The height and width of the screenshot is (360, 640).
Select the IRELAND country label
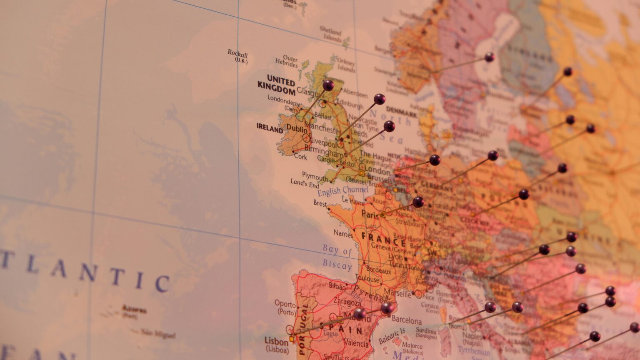coord(270,128)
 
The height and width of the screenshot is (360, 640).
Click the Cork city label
coord(300,157)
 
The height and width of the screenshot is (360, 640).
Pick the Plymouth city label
coord(315,177)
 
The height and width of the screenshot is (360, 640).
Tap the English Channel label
coord(342,191)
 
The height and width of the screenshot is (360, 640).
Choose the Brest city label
coord(320,203)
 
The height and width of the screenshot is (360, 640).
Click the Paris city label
coord(370,214)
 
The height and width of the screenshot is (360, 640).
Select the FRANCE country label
coord(383,240)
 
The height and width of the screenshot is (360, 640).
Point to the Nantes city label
coord(343,234)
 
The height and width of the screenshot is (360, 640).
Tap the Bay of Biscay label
coord(337,257)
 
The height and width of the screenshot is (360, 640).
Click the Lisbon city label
coord(276,342)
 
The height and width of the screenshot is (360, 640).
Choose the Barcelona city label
coord(407,320)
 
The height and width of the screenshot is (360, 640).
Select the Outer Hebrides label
coord(286,61)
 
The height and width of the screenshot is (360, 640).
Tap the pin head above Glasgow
coord(328,85)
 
